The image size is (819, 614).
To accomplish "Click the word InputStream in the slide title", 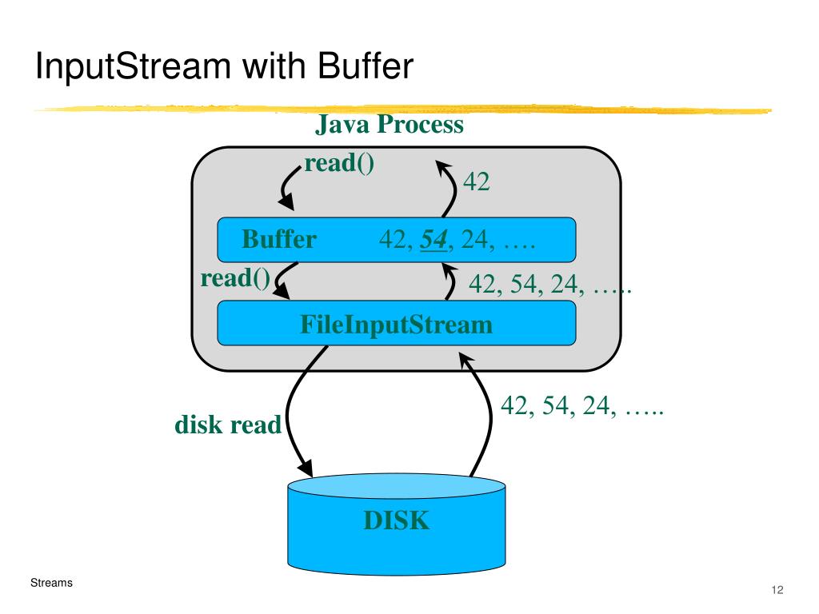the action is (x=134, y=66).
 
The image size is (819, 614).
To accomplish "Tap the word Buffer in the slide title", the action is (x=365, y=66).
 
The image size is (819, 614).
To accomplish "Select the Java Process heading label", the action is (x=390, y=124).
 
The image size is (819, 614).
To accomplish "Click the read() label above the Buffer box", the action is (x=339, y=163).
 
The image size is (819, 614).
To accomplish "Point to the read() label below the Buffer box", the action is (x=236, y=277).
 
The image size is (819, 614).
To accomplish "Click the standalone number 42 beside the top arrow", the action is (x=477, y=181).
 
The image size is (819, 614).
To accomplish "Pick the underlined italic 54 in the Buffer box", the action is (x=433, y=240).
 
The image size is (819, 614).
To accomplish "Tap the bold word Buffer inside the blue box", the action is (x=279, y=239).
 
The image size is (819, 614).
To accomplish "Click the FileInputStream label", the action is (x=397, y=325).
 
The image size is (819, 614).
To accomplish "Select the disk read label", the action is (x=228, y=425).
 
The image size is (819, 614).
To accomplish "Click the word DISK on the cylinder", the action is (x=397, y=520).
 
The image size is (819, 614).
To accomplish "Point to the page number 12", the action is (x=777, y=590).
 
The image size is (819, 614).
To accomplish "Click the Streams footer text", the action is (x=51, y=583).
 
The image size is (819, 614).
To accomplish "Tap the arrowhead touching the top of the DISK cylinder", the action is (x=305, y=468).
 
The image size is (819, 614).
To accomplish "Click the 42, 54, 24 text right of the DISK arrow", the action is (x=582, y=405).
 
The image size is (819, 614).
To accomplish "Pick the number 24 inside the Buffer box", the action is (x=475, y=240).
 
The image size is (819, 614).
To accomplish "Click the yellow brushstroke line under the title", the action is (x=402, y=109).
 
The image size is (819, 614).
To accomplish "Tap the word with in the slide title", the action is (x=274, y=66).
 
